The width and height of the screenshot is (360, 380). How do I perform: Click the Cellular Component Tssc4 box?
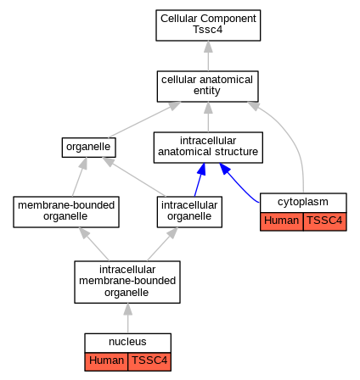tap(208, 25)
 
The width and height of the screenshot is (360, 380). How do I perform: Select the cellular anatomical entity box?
tap(208, 87)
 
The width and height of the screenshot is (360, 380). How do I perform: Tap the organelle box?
tap(89, 148)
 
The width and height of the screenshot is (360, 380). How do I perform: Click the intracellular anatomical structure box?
tap(208, 148)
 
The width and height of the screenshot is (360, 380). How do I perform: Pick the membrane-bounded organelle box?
tap(66, 212)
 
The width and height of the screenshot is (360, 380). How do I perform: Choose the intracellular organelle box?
tap(189, 212)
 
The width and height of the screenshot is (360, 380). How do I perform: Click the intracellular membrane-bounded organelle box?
tap(127, 282)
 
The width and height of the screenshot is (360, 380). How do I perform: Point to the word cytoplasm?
tap(303, 202)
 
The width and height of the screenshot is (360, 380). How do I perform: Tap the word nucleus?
tap(127, 342)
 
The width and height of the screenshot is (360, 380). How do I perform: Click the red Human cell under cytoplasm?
tap(282, 221)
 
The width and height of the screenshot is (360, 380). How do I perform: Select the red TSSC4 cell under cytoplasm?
tap(325, 221)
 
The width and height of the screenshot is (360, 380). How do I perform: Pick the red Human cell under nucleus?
tap(106, 361)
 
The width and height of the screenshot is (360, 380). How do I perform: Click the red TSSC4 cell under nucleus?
tap(149, 361)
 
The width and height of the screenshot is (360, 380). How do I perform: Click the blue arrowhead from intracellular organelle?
tap(201, 169)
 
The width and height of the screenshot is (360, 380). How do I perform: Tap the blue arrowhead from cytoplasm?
tap(225, 169)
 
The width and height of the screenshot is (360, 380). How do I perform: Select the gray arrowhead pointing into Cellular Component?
tap(208, 47)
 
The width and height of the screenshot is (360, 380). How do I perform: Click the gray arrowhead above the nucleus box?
tap(128, 309)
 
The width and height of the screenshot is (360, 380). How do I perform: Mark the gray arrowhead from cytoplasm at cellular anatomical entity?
tap(254, 106)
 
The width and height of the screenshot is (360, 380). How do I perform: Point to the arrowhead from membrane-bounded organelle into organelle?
tap(83, 163)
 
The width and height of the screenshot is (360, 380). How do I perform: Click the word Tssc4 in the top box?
tap(208, 30)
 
